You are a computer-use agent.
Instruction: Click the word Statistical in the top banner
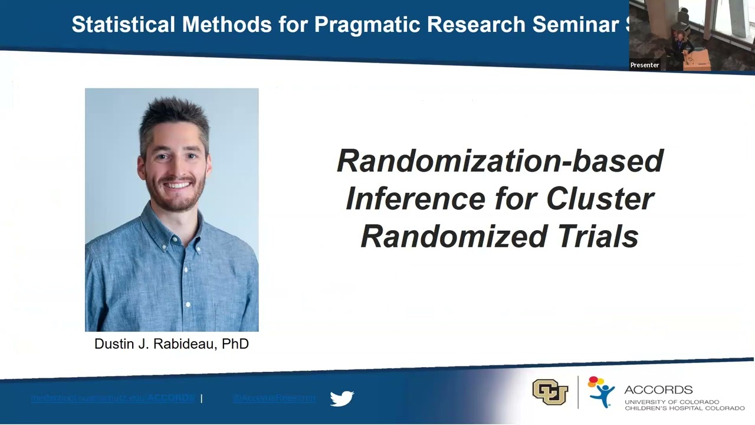coord(123,25)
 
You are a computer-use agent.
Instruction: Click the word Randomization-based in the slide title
coord(500,161)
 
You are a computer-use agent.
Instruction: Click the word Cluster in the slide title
coord(600,199)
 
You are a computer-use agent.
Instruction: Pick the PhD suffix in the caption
coord(235,344)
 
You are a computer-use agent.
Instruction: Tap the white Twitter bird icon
coord(342,398)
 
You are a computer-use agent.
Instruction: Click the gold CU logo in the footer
coord(550,392)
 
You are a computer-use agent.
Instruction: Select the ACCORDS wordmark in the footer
coord(658,390)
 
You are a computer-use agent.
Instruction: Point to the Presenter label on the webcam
coord(645,65)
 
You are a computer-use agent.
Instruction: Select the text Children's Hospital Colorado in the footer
coord(684,408)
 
